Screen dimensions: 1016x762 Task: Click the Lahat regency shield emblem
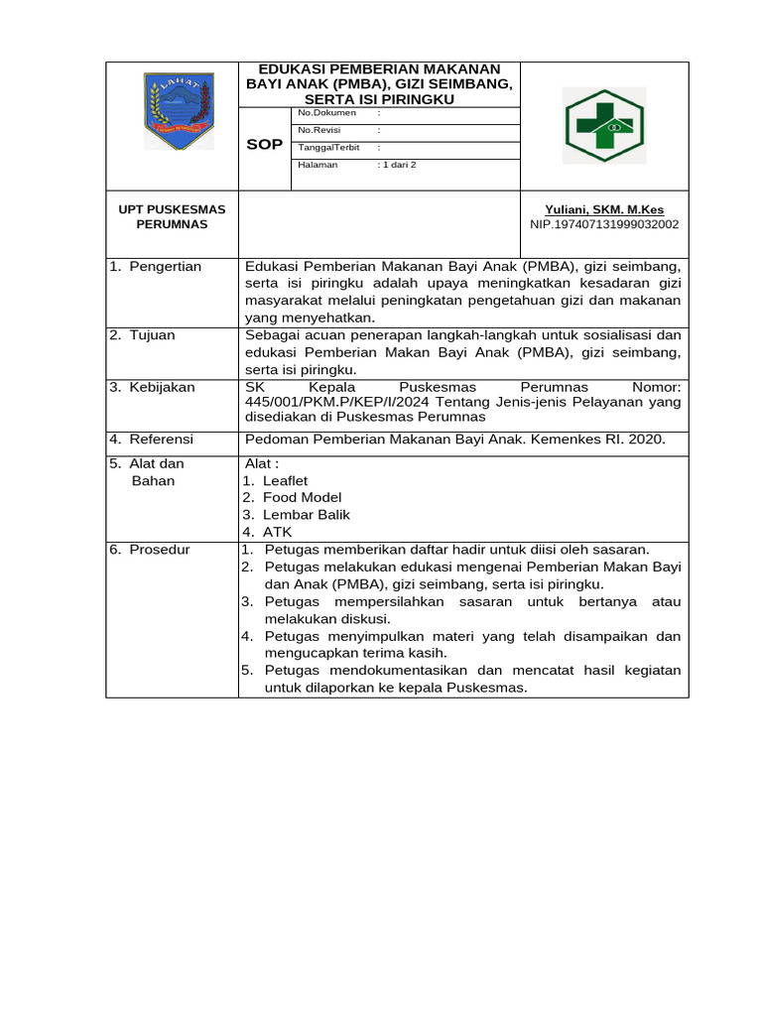178,110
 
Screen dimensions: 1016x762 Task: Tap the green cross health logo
604,125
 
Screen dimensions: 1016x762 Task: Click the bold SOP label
264,145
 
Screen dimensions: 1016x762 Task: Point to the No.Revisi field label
319,130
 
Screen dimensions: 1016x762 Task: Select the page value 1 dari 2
397,165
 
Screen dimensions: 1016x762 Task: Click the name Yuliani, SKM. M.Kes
604,209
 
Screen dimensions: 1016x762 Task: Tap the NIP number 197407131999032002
604,224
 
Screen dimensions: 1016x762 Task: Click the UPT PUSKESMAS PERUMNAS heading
172,216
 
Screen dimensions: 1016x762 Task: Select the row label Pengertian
165,266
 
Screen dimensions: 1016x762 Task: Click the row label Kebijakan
162,387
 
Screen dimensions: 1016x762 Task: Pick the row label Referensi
161,439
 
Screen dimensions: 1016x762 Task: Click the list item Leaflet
285,480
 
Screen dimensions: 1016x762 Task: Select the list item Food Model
302,497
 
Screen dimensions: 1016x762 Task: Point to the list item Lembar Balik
306,515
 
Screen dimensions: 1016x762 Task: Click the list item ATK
277,532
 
